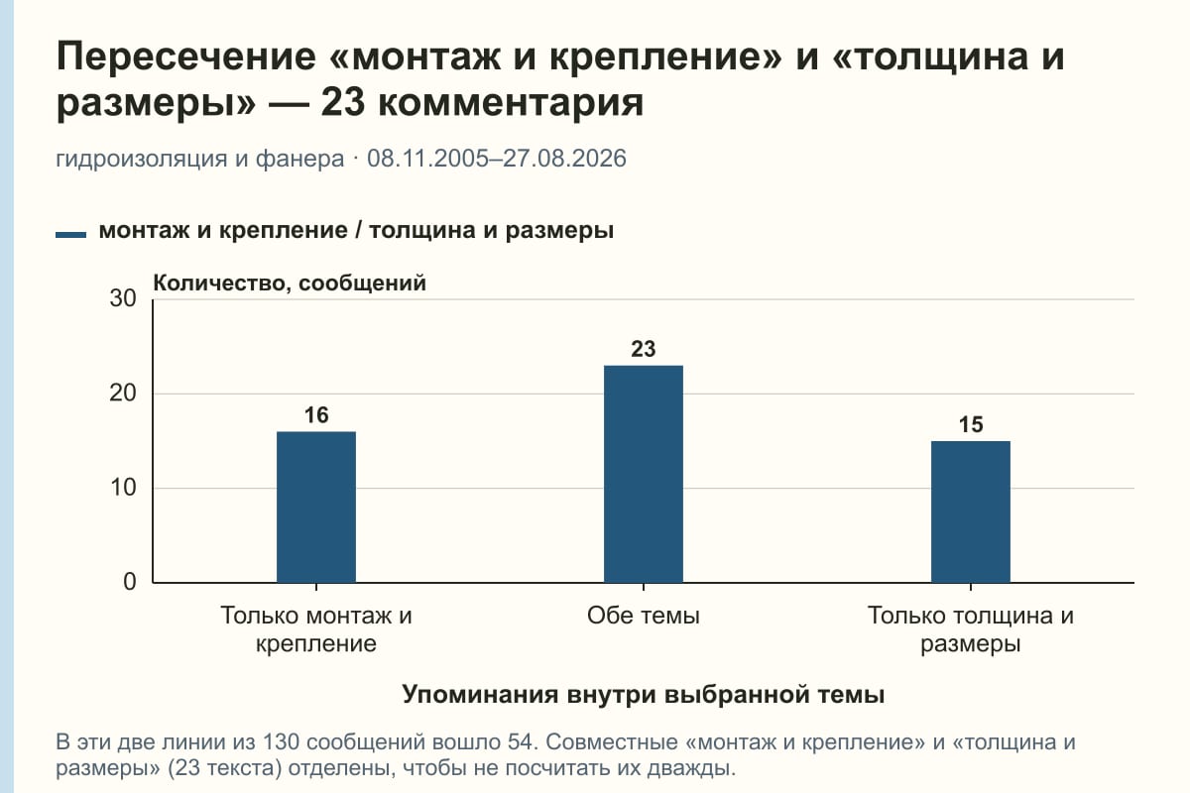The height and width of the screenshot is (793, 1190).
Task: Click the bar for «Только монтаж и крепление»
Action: (x=316, y=508)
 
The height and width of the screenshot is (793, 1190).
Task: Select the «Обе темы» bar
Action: (x=644, y=474)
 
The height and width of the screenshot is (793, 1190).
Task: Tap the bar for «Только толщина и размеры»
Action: (x=971, y=512)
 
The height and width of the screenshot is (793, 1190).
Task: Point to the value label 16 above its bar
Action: (x=316, y=415)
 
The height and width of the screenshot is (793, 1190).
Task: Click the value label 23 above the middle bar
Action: (x=644, y=350)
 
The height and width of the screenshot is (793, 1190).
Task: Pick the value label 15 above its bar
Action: (x=971, y=425)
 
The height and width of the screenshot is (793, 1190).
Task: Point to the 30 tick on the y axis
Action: (x=123, y=298)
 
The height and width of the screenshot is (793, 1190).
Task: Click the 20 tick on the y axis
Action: (x=123, y=394)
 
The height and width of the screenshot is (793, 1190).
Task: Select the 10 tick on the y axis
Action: (x=123, y=488)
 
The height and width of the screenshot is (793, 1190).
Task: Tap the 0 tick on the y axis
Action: (x=130, y=582)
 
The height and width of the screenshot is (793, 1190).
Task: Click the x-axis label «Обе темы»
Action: (x=644, y=617)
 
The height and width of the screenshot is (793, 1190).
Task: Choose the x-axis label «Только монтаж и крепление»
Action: (x=316, y=629)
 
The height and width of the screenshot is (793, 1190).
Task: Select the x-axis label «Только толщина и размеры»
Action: (x=971, y=629)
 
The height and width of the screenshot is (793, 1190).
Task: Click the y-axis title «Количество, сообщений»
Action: (x=290, y=283)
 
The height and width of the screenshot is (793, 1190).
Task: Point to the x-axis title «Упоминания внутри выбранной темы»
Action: (x=644, y=695)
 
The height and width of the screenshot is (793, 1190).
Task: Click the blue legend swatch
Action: (x=70, y=234)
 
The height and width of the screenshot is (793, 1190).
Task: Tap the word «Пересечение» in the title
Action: (x=186, y=57)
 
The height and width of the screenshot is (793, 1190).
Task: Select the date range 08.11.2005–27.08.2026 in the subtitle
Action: (x=497, y=159)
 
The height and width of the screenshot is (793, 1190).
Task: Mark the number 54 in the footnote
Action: (x=520, y=742)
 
